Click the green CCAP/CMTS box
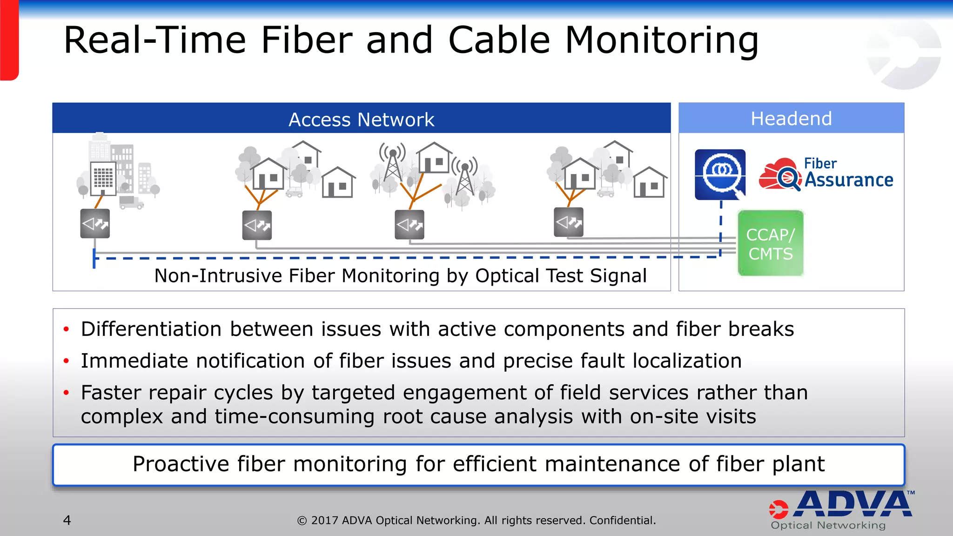[771, 243]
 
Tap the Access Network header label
[361, 120]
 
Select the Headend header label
[791, 119]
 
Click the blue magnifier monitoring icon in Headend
[720, 174]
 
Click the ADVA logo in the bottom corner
[842, 509]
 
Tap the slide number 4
[67, 520]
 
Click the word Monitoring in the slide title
[661, 40]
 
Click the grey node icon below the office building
[95, 224]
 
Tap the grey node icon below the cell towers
[409, 225]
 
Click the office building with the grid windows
[103, 178]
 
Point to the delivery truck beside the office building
[131, 202]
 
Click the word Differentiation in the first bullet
[151, 329]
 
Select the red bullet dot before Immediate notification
[67, 361]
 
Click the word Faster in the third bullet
[111, 393]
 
